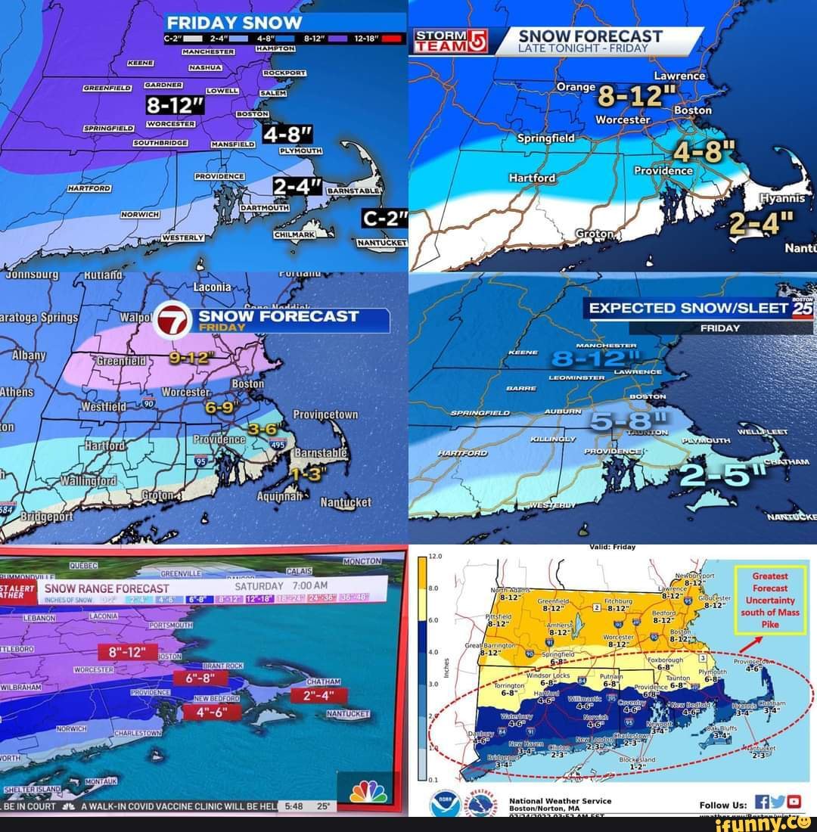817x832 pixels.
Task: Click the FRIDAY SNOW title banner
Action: [235, 23]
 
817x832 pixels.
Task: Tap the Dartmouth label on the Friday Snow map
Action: [265, 206]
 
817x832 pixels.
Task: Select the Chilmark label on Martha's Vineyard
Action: [294, 235]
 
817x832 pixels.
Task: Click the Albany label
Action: [30, 355]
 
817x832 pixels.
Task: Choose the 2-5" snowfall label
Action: [723, 474]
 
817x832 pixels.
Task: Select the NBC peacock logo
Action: [368, 791]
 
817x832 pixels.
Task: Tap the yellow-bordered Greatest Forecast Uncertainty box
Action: [770, 600]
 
